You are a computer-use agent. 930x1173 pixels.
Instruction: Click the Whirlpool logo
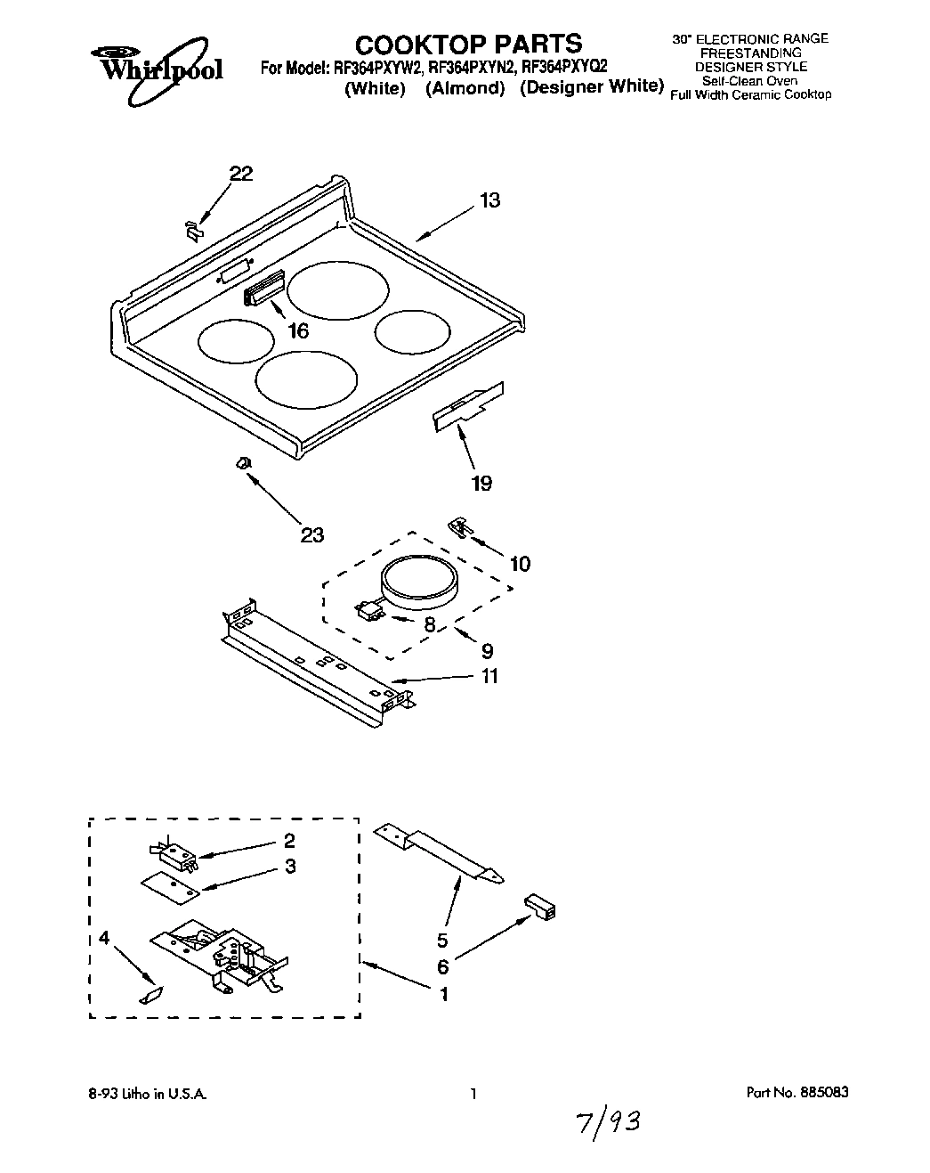click(157, 61)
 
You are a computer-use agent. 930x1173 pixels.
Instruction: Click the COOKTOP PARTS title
click(468, 43)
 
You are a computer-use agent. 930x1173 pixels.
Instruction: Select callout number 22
click(240, 174)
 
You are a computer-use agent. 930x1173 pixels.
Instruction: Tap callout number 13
click(489, 200)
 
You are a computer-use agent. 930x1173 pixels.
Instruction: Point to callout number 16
click(298, 330)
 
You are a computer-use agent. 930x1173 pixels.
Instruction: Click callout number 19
click(481, 483)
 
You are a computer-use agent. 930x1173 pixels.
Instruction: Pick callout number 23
click(311, 534)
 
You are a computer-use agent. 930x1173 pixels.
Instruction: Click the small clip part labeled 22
click(192, 229)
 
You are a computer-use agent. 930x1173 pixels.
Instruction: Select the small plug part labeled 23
click(241, 462)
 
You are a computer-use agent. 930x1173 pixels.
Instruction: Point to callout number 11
click(489, 676)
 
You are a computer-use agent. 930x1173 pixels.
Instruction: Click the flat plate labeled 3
click(170, 884)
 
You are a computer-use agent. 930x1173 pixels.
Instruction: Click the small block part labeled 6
click(539, 907)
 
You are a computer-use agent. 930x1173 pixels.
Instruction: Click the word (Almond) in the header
click(465, 88)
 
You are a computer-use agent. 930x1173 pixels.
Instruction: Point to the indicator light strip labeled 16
click(263, 289)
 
